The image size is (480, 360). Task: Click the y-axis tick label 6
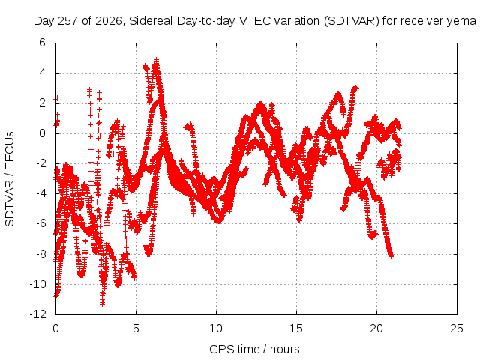(42, 43)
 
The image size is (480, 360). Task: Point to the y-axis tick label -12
(38, 314)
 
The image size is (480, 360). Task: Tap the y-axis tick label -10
(38, 284)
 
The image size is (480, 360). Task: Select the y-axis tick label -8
(40, 254)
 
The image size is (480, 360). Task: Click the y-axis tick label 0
(42, 133)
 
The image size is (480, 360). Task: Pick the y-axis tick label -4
(40, 193)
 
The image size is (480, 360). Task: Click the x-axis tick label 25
(457, 328)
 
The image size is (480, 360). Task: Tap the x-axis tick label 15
(296, 328)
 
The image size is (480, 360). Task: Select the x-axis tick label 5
(136, 328)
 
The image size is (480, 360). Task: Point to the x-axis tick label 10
(216, 328)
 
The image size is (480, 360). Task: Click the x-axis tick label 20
(376, 328)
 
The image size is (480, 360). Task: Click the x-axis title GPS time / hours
(254, 349)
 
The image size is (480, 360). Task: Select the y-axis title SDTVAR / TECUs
(10, 179)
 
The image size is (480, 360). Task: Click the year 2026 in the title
(109, 21)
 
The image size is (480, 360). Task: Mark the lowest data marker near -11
(102, 303)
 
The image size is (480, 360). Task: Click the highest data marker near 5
(157, 59)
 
